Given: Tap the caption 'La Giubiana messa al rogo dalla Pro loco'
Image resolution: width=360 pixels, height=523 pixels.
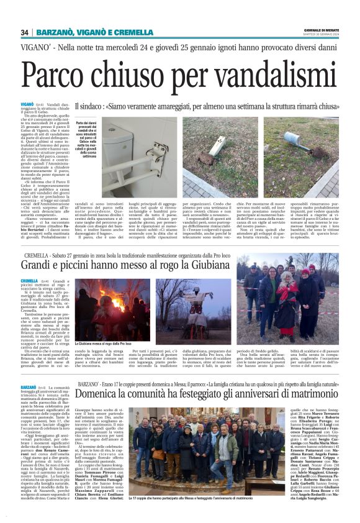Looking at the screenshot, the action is tap(104, 343).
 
